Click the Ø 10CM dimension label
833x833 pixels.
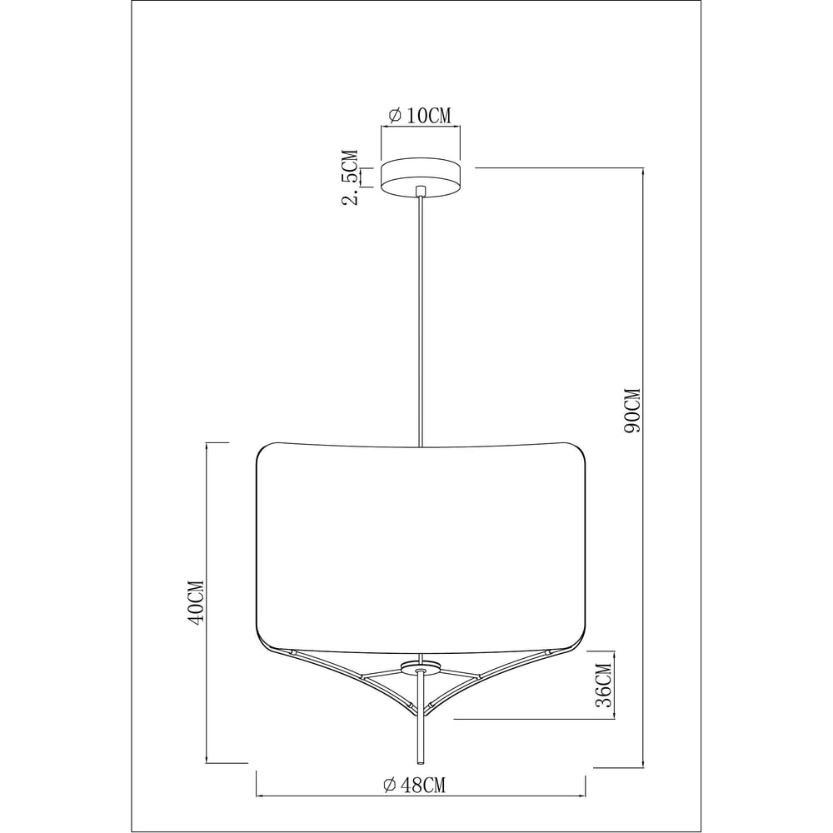pyautogui.click(x=420, y=115)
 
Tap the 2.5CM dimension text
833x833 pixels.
pyautogui.click(x=350, y=177)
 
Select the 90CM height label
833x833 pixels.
pyautogui.click(x=633, y=411)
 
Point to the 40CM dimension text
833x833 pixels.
pyautogui.click(x=196, y=602)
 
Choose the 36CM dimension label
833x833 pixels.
pyautogui.click(x=603, y=686)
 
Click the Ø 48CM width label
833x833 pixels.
pyautogui.click(x=415, y=785)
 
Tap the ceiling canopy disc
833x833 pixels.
pyautogui.click(x=421, y=177)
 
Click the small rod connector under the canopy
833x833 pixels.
pyautogui.click(x=421, y=191)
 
